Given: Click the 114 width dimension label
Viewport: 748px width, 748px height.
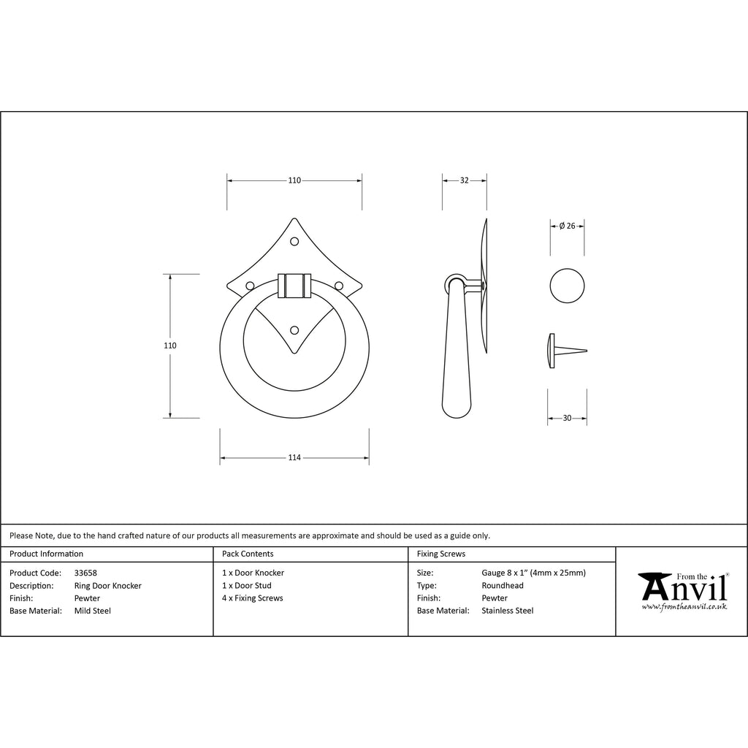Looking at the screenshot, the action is (294, 457).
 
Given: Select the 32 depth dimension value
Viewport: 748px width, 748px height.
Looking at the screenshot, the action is (464, 180).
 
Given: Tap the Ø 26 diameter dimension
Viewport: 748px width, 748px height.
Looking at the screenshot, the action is (567, 226).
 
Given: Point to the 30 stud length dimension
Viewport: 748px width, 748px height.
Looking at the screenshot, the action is (567, 418).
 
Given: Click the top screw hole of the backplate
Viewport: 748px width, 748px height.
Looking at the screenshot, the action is (294, 241).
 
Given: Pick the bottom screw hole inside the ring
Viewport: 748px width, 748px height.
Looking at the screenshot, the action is (294, 330).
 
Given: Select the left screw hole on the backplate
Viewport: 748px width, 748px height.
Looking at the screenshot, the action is (250, 286).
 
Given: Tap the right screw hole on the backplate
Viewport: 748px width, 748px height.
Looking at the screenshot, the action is (339, 286).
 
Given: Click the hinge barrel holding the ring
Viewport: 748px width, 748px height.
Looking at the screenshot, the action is (294, 286).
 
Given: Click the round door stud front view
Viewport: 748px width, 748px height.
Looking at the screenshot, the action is (567, 286).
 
